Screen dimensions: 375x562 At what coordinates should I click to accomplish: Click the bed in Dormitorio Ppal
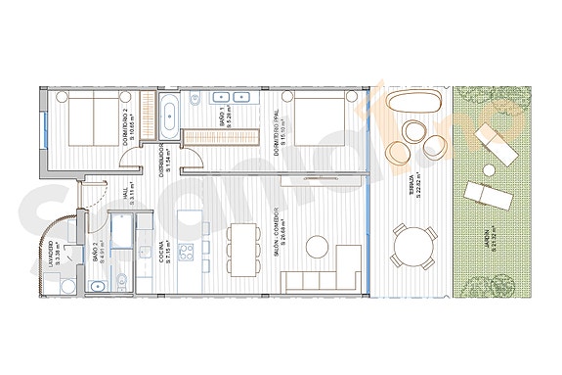[318, 122]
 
